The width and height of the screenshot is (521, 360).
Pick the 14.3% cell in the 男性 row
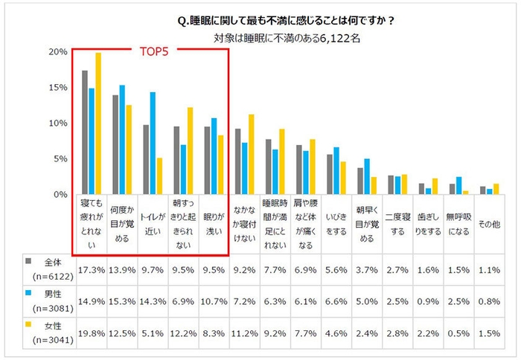click(x=154, y=300)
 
